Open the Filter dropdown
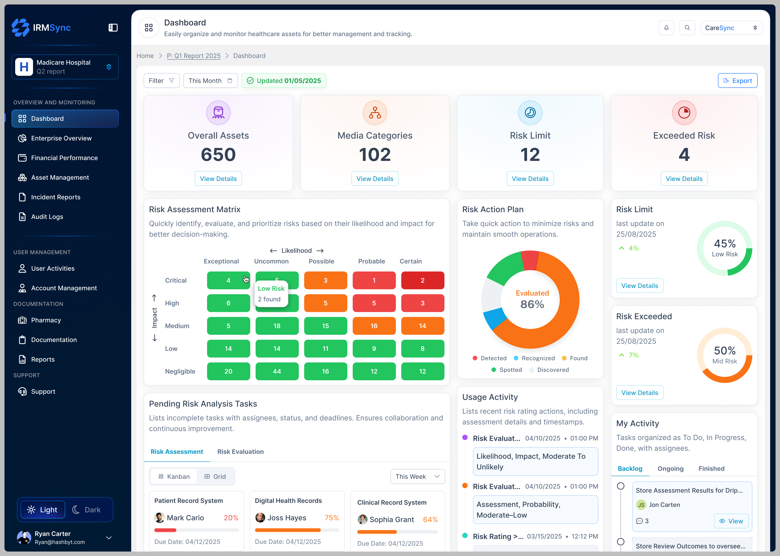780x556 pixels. [x=161, y=81]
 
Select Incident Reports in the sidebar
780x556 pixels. [x=56, y=197]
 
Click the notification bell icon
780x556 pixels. [x=666, y=28]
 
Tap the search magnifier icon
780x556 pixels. [x=687, y=28]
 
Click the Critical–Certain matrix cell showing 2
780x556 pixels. [x=422, y=280]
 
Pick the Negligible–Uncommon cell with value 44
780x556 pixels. [x=277, y=371]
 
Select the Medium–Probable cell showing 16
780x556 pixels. [x=374, y=326]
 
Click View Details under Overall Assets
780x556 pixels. [x=218, y=179]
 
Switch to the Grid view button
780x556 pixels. [x=215, y=477]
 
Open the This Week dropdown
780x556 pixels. [x=417, y=477]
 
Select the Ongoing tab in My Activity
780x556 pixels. [x=670, y=469]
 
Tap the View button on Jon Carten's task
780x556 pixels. [x=731, y=521]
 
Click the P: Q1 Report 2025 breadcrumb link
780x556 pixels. [x=193, y=56]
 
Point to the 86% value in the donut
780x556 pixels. [x=532, y=304]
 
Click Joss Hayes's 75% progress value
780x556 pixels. [x=331, y=518]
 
